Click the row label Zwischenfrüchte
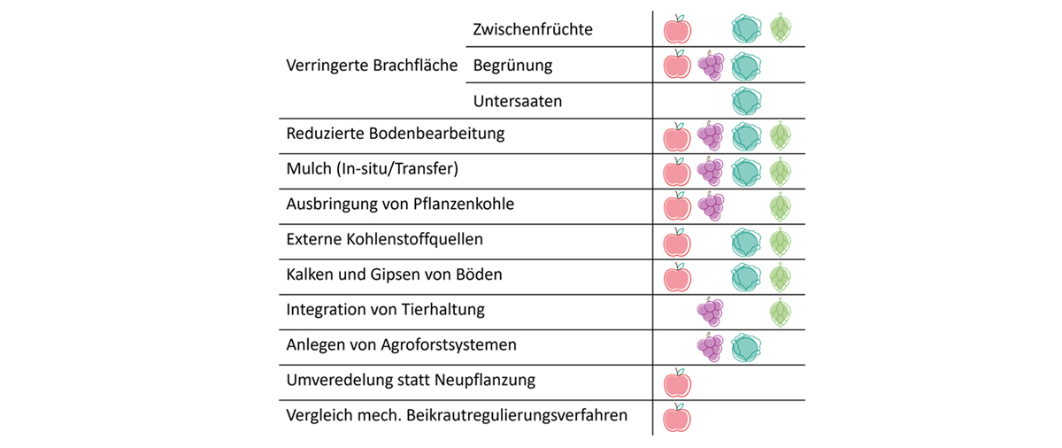(x=533, y=29)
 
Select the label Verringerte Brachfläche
(x=372, y=65)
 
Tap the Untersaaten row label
(x=517, y=101)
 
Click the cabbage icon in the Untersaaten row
(x=746, y=101)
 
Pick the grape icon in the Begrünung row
(x=711, y=66)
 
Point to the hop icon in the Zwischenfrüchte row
(x=780, y=28)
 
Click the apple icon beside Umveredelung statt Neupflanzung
(x=677, y=382)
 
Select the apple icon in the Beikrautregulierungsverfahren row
(x=677, y=418)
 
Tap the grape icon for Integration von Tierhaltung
(x=710, y=312)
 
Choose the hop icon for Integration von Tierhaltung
(x=780, y=313)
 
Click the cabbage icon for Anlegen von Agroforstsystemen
(x=746, y=347)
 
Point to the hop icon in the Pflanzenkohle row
(x=780, y=206)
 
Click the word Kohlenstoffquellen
(x=414, y=239)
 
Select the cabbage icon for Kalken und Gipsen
(x=746, y=277)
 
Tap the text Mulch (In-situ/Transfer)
(x=373, y=169)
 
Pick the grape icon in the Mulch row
(x=710, y=171)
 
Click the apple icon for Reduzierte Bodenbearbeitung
(x=677, y=137)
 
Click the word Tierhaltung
(x=442, y=310)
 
